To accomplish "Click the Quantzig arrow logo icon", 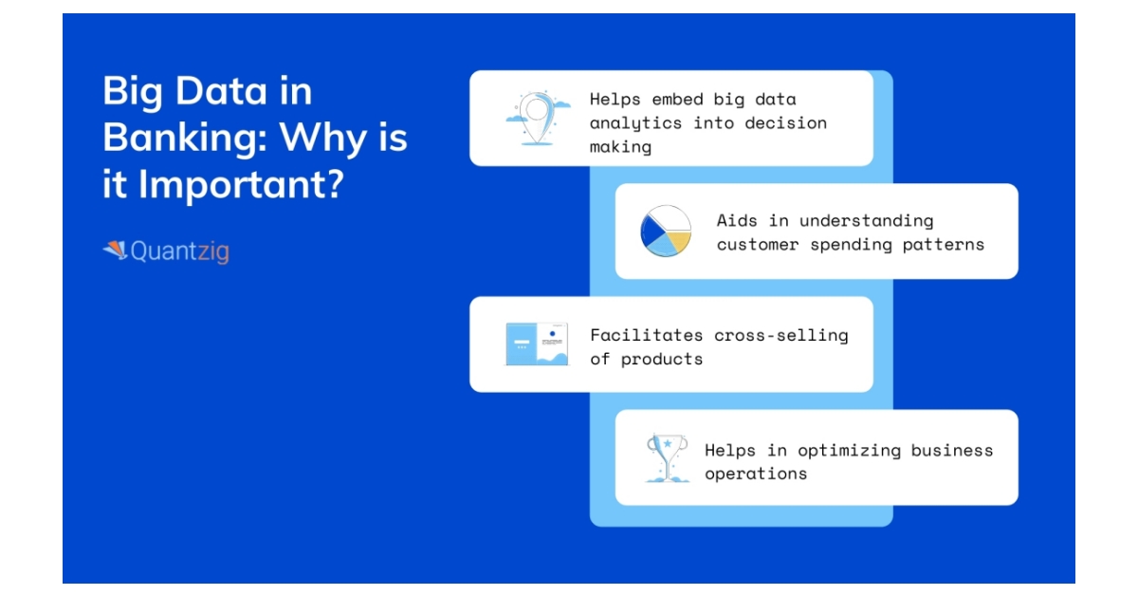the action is point(116,251).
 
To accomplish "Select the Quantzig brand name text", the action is point(180,251).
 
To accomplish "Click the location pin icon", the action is point(538,119).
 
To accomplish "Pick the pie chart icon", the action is point(666,231).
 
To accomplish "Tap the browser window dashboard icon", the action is point(537,344).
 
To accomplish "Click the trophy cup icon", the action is point(667,457).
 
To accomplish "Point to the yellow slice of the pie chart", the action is point(679,242).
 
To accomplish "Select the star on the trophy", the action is point(667,443).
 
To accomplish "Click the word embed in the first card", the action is point(677,99).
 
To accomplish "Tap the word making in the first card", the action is point(620,147).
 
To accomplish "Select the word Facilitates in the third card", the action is point(646,335).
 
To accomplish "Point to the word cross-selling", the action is point(781,336).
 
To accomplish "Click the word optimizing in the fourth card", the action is point(849,451).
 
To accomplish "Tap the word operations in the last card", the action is point(756,474).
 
